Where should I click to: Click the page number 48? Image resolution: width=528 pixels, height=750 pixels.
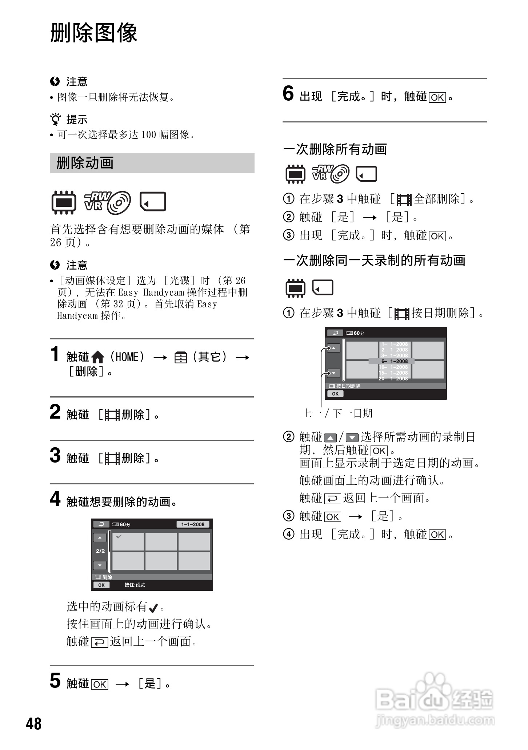pyautogui.click(x=34, y=723)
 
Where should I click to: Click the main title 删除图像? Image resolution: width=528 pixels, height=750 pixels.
pyautogui.click(x=93, y=33)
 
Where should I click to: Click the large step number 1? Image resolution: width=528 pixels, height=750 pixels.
pyautogui.click(x=55, y=354)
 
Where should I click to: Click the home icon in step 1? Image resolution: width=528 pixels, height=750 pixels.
pyautogui.click(x=97, y=358)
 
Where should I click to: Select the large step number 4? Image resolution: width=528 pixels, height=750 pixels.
pyautogui.click(x=55, y=499)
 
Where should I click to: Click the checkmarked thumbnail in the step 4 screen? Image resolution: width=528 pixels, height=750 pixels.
pyautogui.click(x=128, y=541)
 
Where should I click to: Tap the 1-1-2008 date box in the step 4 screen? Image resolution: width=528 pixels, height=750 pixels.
pyautogui.click(x=193, y=524)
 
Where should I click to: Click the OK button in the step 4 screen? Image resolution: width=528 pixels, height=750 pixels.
pyautogui.click(x=101, y=585)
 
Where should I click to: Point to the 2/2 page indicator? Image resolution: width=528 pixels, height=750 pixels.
pyautogui.click(x=100, y=551)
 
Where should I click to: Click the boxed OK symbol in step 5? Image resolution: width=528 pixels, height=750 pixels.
pyautogui.click(x=100, y=685)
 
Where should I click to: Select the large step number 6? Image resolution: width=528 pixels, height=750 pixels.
pyautogui.click(x=288, y=93)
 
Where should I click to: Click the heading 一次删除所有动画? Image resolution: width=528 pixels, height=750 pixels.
pyautogui.click(x=335, y=149)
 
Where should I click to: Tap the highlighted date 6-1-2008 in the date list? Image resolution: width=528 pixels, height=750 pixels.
pyautogui.click(x=395, y=361)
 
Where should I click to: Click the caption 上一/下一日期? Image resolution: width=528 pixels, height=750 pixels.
pyautogui.click(x=337, y=413)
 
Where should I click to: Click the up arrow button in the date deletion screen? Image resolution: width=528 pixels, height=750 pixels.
pyautogui.click(x=333, y=348)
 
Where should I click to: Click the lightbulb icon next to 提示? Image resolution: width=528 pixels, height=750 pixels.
pyautogui.click(x=55, y=119)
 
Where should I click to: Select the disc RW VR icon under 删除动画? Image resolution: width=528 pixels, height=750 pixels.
pyautogui.click(x=108, y=202)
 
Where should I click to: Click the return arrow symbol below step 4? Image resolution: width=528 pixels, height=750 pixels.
pyautogui.click(x=99, y=642)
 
